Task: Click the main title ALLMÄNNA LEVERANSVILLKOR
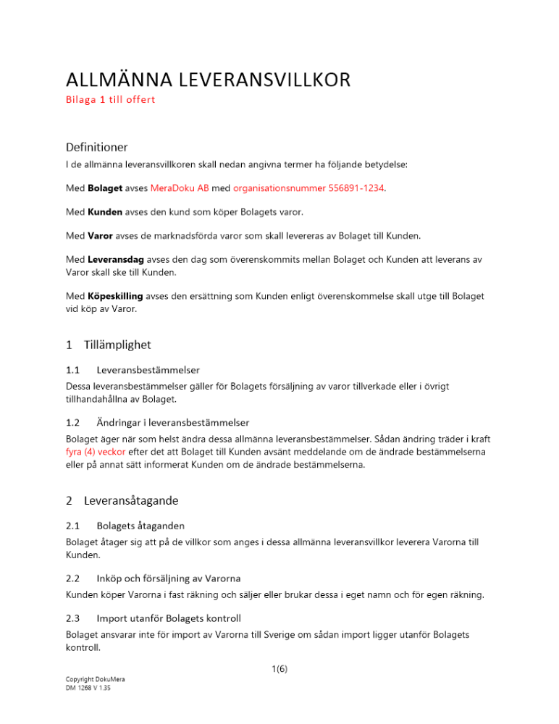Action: [x=208, y=80]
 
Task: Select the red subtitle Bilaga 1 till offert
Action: [x=110, y=100]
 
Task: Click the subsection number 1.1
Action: [x=72, y=370]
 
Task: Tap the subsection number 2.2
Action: [x=72, y=578]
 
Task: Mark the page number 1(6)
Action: [x=278, y=670]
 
